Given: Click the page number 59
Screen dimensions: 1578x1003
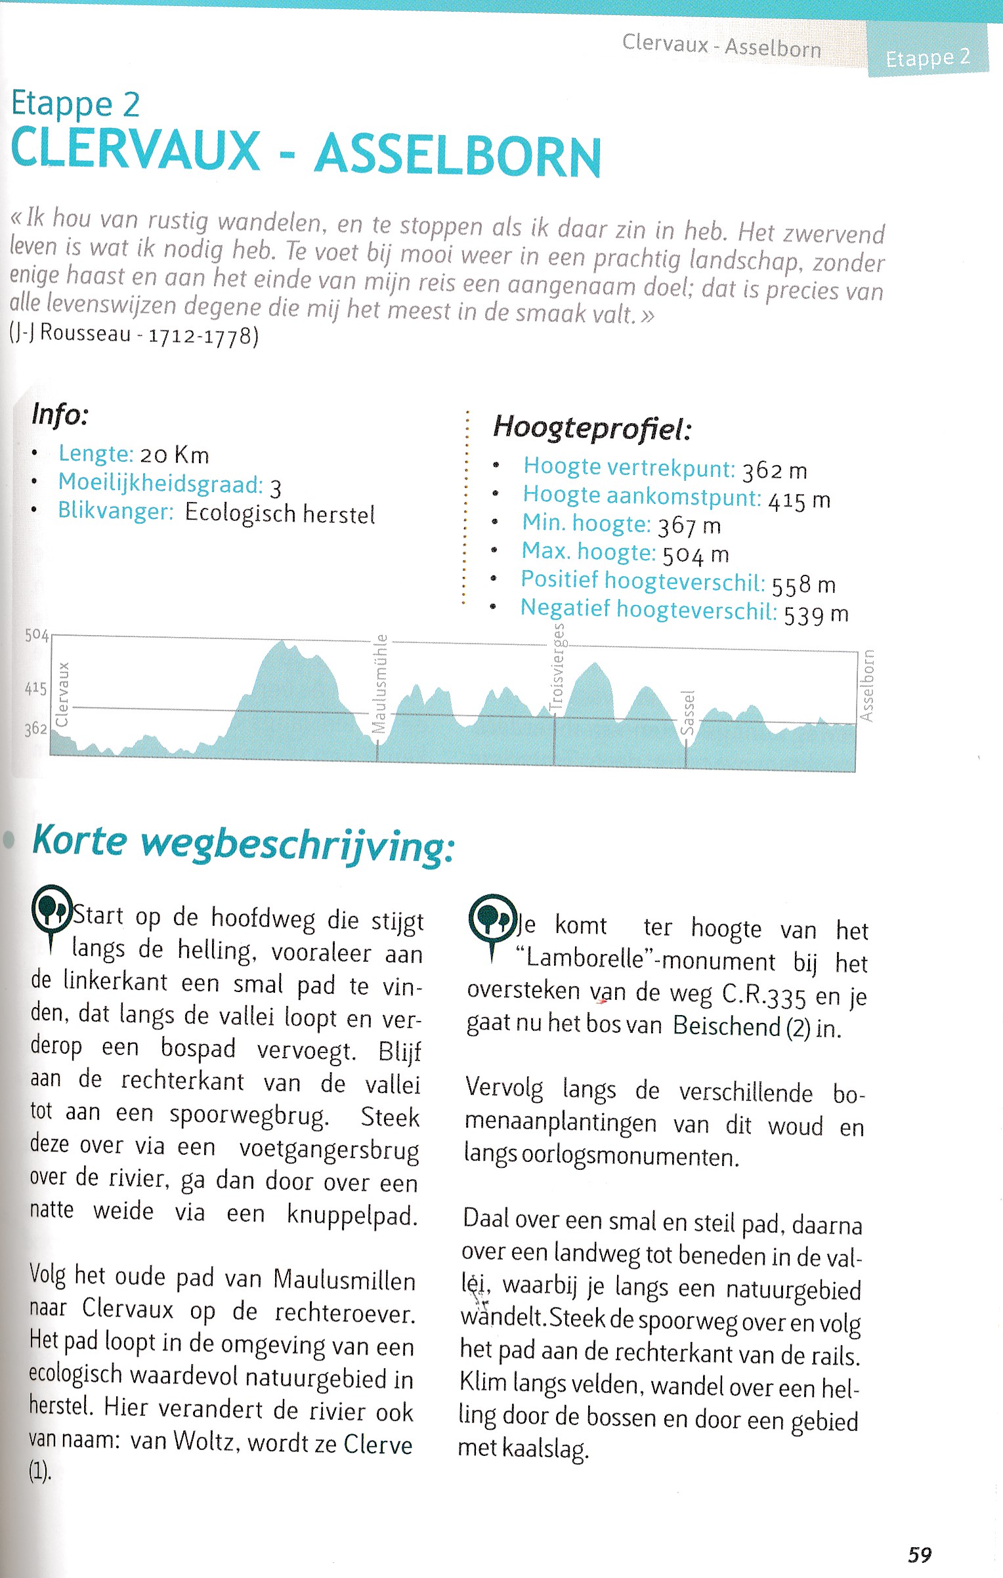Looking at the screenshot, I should [920, 1554].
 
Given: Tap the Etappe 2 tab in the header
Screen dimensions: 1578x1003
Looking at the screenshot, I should [928, 58].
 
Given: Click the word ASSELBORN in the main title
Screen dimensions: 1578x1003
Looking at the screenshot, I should [458, 156].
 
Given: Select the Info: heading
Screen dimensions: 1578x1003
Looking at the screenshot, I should [60, 414].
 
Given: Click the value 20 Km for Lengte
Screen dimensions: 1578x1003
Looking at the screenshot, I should [175, 455].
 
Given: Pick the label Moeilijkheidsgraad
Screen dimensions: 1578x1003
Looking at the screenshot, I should [160, 484].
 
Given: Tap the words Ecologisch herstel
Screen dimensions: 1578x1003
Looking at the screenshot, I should [280, 513].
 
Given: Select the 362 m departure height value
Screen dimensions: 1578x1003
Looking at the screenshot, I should [775, 470].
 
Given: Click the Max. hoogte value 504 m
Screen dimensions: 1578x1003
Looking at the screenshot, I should [695, 554].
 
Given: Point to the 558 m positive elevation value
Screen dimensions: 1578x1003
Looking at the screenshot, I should [803, 584].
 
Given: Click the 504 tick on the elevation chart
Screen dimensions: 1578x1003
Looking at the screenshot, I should [36, 634].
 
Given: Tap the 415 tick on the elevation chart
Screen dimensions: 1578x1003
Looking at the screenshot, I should [35, 688].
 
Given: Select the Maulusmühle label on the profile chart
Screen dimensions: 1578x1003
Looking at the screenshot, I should [380, 683].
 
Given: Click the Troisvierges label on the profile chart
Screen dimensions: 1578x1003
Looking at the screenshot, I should [557, 666].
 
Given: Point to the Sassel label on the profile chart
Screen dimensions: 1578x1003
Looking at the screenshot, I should [687, 713].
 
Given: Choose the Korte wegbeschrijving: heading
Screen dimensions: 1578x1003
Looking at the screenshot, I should [244, 842].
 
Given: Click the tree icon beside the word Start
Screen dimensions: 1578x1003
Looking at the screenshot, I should [51, 909].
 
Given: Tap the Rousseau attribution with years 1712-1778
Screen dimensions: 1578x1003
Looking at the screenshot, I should [134, 335].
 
